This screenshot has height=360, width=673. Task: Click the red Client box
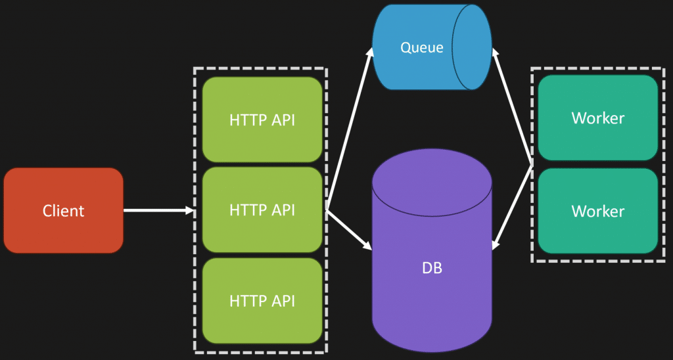tap(63, 210)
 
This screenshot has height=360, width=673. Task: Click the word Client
tap(63, 211)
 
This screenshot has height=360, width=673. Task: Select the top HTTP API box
tap(262, 120)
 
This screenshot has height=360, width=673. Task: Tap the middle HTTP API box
tap(262, 210)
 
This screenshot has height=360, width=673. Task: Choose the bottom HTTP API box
tap(262, 301)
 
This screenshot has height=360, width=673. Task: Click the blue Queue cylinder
tap(421, 47)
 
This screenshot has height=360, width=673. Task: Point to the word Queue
tap(422, 47)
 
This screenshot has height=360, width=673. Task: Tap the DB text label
tap(432, 269)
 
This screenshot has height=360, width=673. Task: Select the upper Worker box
tap(597, 118)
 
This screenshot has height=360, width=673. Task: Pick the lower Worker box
tap(597, 211)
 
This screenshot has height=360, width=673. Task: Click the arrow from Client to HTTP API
tap(158, 210)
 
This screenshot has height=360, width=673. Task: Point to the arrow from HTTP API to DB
tap(348, 229)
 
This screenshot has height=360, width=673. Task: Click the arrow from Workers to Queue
tap(513, 108)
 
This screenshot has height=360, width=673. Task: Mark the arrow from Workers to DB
tap(513, 204)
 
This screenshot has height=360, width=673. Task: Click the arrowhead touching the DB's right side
tap(496, 244)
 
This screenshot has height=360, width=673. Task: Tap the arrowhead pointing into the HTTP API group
tap(190, 210)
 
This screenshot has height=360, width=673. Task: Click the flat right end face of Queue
tap(473, 47)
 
